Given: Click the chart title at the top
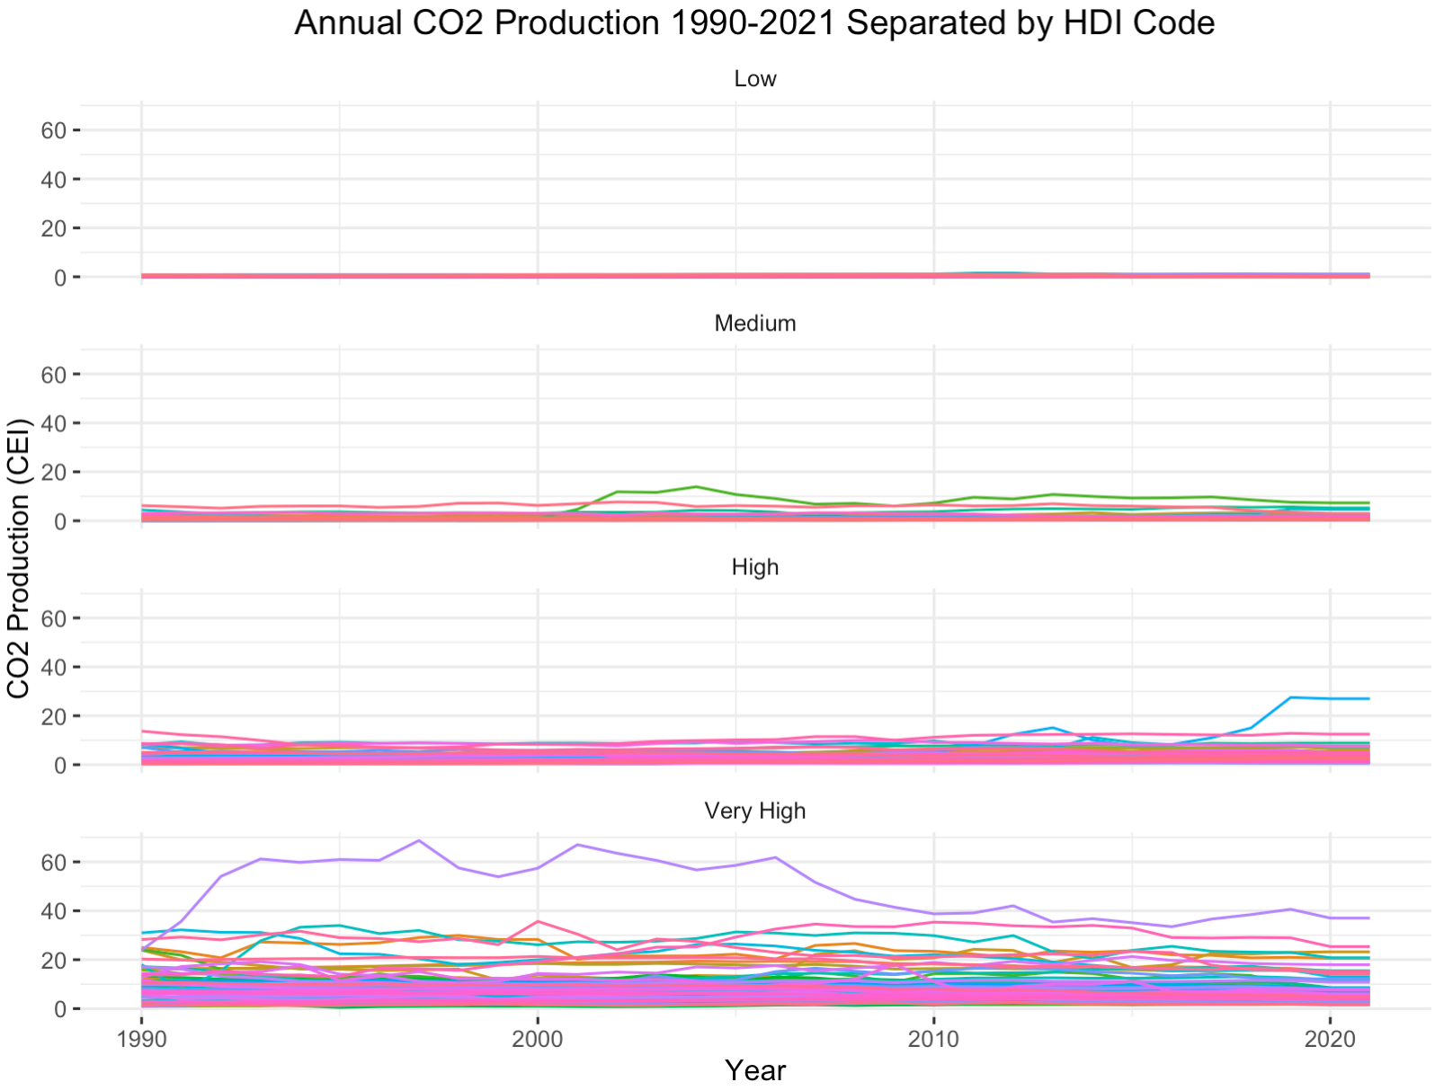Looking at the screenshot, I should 754,22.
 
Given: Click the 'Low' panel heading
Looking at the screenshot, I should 754,79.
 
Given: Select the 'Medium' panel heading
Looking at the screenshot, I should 754,324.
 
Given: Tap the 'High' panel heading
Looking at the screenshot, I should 754,567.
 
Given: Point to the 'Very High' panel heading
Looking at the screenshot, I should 754,811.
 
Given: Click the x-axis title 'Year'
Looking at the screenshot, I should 754,1070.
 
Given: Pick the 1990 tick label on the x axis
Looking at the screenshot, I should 141,1040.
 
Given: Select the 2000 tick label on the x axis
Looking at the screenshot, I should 538,1040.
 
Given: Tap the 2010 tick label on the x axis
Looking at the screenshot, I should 934,1040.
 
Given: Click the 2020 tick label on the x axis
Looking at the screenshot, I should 1331,1040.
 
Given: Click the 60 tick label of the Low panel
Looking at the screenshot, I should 54,130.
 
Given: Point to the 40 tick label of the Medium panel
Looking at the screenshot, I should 54,423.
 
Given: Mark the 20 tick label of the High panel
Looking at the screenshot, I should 54,716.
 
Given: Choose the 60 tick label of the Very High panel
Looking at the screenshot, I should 54,862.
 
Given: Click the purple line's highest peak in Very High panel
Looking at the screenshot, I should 419,841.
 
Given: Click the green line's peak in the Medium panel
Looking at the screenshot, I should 696,487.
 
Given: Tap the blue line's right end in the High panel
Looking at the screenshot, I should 1368,698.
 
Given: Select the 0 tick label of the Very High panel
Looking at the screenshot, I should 60,1009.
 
